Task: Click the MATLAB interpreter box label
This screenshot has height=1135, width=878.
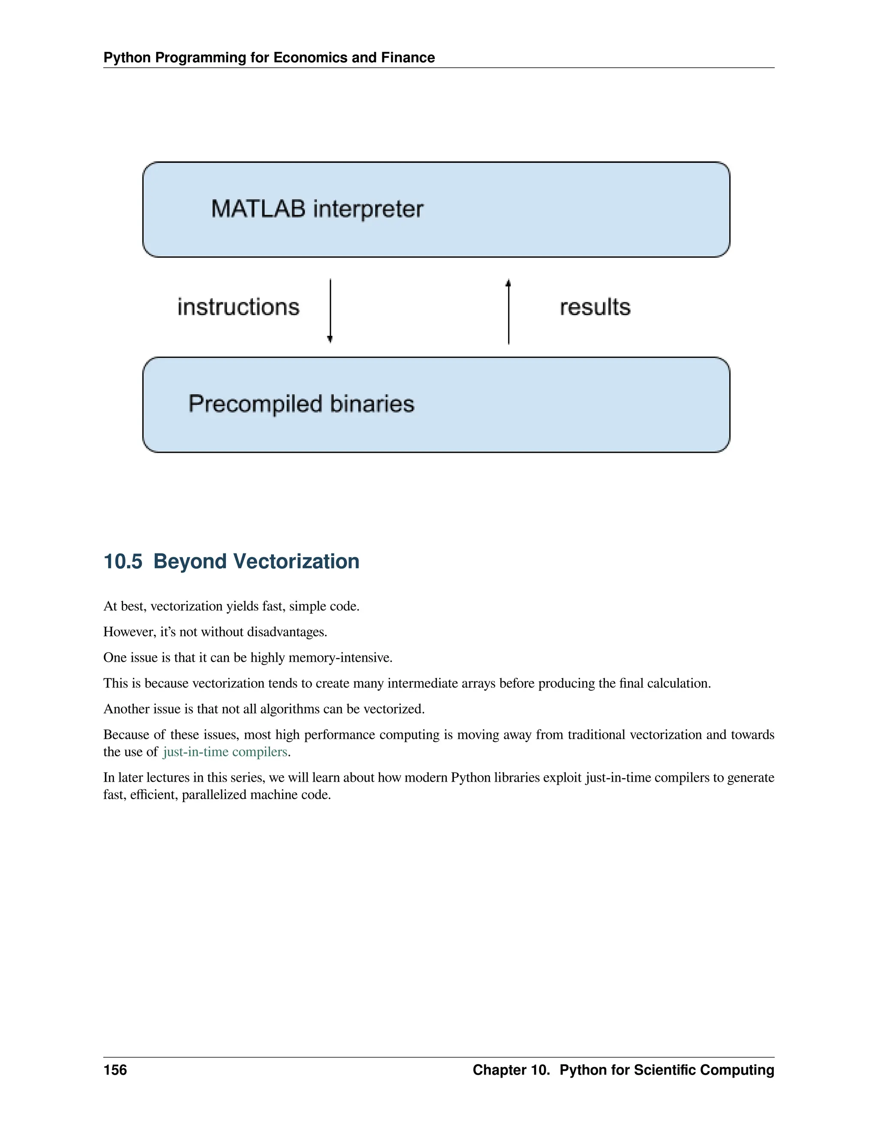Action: pyautogui.click(x=317, y=209)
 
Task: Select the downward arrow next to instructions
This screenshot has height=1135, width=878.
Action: pyautogui.click(x=330, y=311)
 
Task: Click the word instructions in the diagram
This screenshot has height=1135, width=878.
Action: pyautogui.click(x=238, y=307)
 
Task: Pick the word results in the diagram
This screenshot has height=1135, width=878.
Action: pyautogui.click(x=595, y=307)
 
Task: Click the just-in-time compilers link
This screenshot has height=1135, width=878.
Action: pyautogui.click(x=225, y=752)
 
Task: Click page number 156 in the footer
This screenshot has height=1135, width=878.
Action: pyautogui.click(x=115, y=1069)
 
